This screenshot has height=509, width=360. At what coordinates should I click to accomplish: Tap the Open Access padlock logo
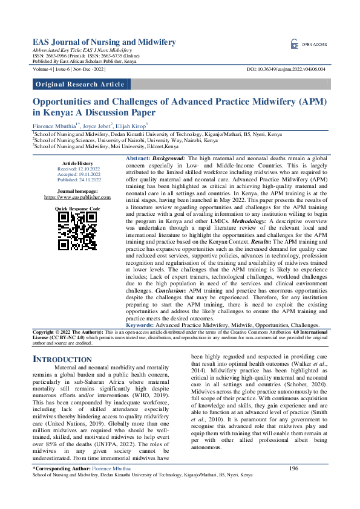(295, 44)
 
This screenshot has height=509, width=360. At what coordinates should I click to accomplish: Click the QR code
(77, 230)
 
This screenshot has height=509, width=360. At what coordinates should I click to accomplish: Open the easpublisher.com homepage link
(77, 197)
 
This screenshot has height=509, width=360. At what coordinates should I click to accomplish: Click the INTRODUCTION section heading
(63, 359)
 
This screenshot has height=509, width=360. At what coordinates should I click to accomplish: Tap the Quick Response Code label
(77, 208)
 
